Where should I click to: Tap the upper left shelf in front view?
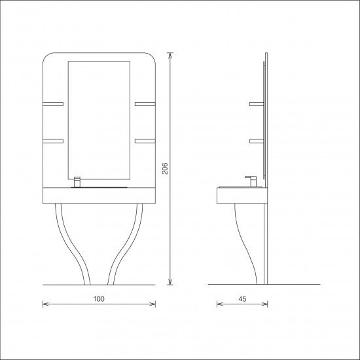(x=53, y=103)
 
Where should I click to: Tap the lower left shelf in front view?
(x=53, y=140)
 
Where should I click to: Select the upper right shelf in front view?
(x=145, y=103)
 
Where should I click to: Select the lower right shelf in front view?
(x=145, y=140)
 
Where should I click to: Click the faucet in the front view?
(x=77, y=182)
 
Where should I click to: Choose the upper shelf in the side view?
(x=257, y=103)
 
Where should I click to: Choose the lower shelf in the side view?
(x=257, y=140)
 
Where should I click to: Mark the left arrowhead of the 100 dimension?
(x=45, y=304)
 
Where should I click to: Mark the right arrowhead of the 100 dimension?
(x=153, y=304)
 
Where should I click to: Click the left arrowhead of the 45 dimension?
(x=217, y=304)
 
